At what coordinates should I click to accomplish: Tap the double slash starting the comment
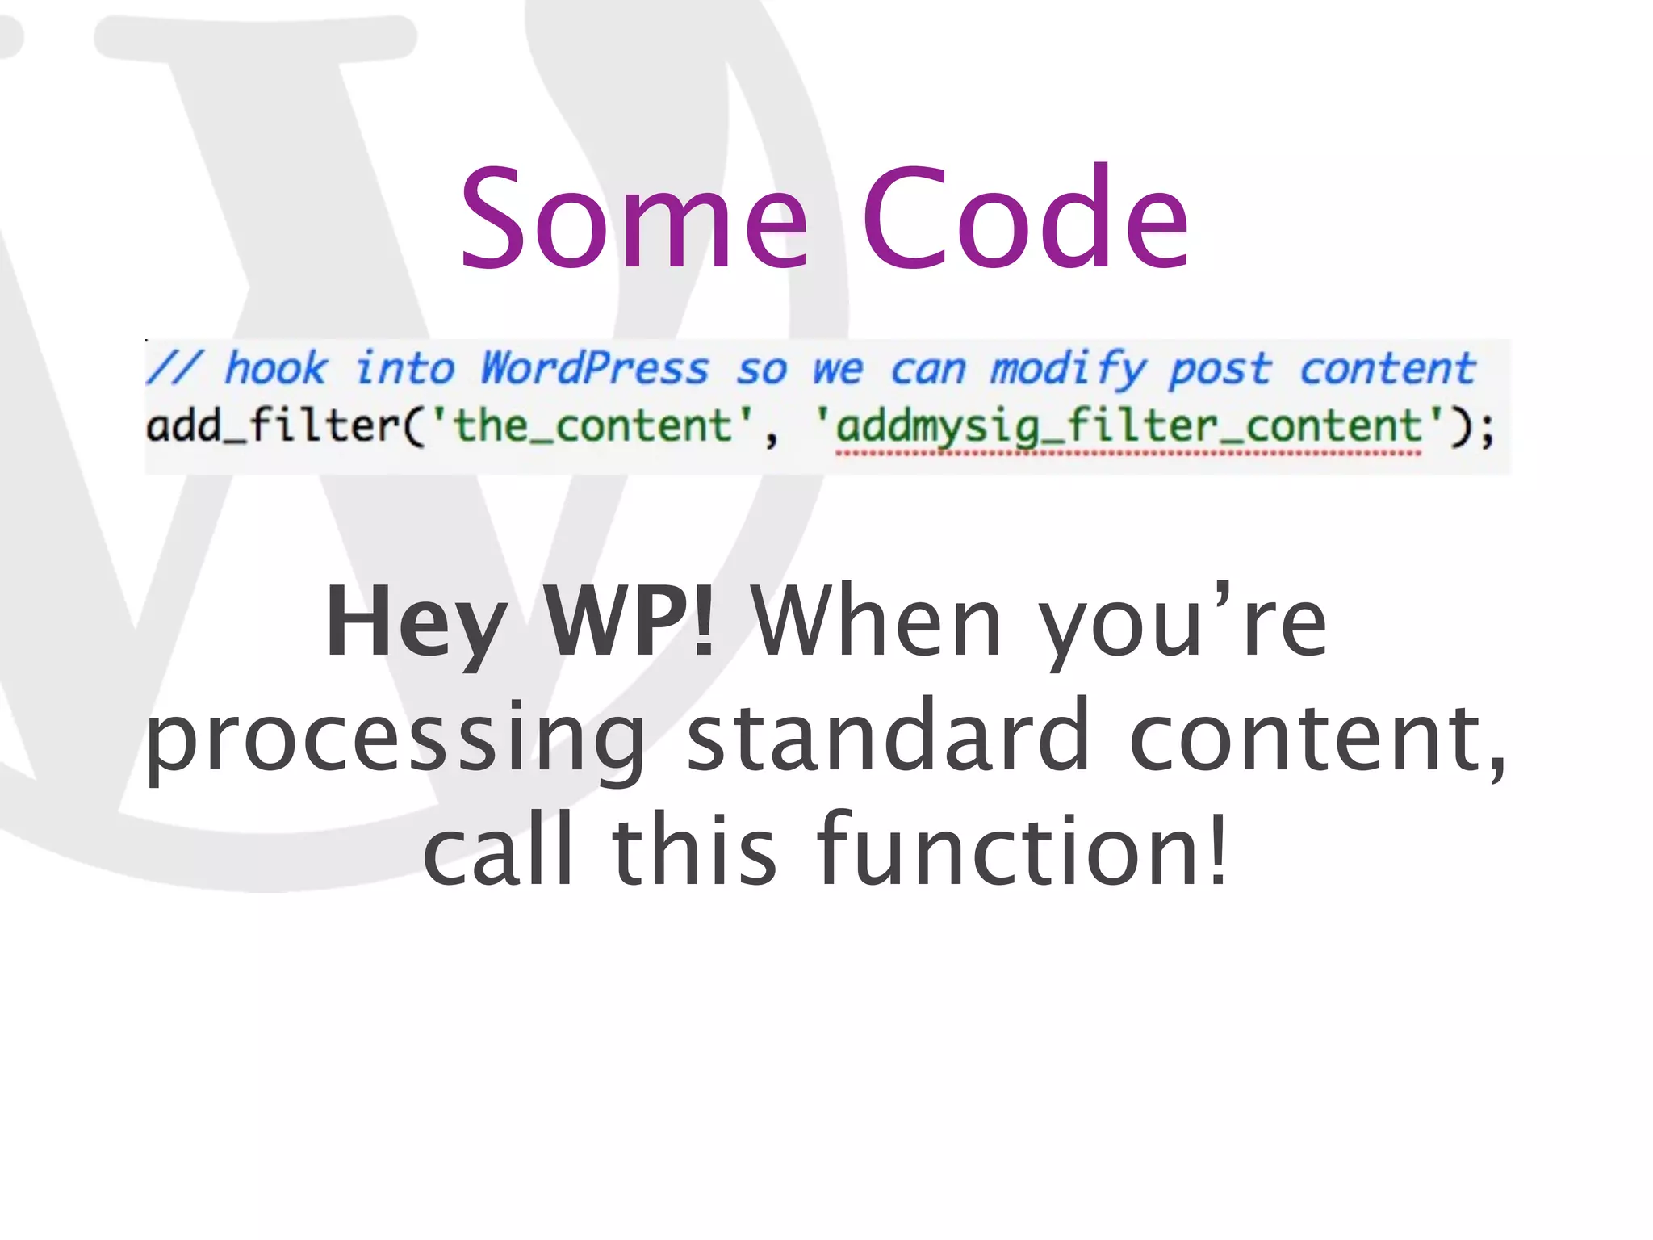(174, 368)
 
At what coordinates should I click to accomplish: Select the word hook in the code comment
(276, 368)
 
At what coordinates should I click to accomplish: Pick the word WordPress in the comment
(595, 368)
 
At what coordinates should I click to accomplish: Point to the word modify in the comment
(1067, 370)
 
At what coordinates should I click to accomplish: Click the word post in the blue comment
(1220, 370)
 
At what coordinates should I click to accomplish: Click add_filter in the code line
(273, 425)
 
